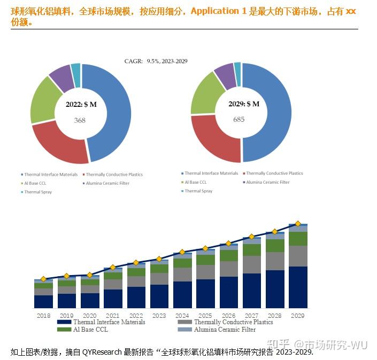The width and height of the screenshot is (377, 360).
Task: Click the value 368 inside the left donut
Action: click(x=80, y=120)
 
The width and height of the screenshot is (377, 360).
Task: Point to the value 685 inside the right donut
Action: click(x=239, y=119)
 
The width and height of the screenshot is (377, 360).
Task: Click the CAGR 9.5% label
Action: click(x=156, y=61)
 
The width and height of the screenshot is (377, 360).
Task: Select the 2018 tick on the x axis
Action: click(x=43, y=316)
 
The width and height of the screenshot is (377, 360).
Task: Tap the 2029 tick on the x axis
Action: click(x=298, y=316)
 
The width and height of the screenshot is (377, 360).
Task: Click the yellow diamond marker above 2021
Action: click(x=113, y=268)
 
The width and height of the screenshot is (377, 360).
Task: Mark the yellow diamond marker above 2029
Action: click(x=298, y=224)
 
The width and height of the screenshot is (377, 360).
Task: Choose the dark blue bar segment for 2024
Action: click(x=182, y=295)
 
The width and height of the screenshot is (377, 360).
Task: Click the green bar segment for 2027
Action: click(x=252, y=250)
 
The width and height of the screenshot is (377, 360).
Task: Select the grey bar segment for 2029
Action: click(x=298, y=256)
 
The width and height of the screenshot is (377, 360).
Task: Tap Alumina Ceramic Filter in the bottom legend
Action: click(x=225, y=330)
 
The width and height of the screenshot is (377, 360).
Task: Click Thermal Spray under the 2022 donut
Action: click(x=38, y=192)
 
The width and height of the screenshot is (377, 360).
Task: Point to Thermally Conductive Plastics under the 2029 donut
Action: click(x=274, y=174)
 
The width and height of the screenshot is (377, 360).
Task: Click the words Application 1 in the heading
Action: click(x=215, y=11)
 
